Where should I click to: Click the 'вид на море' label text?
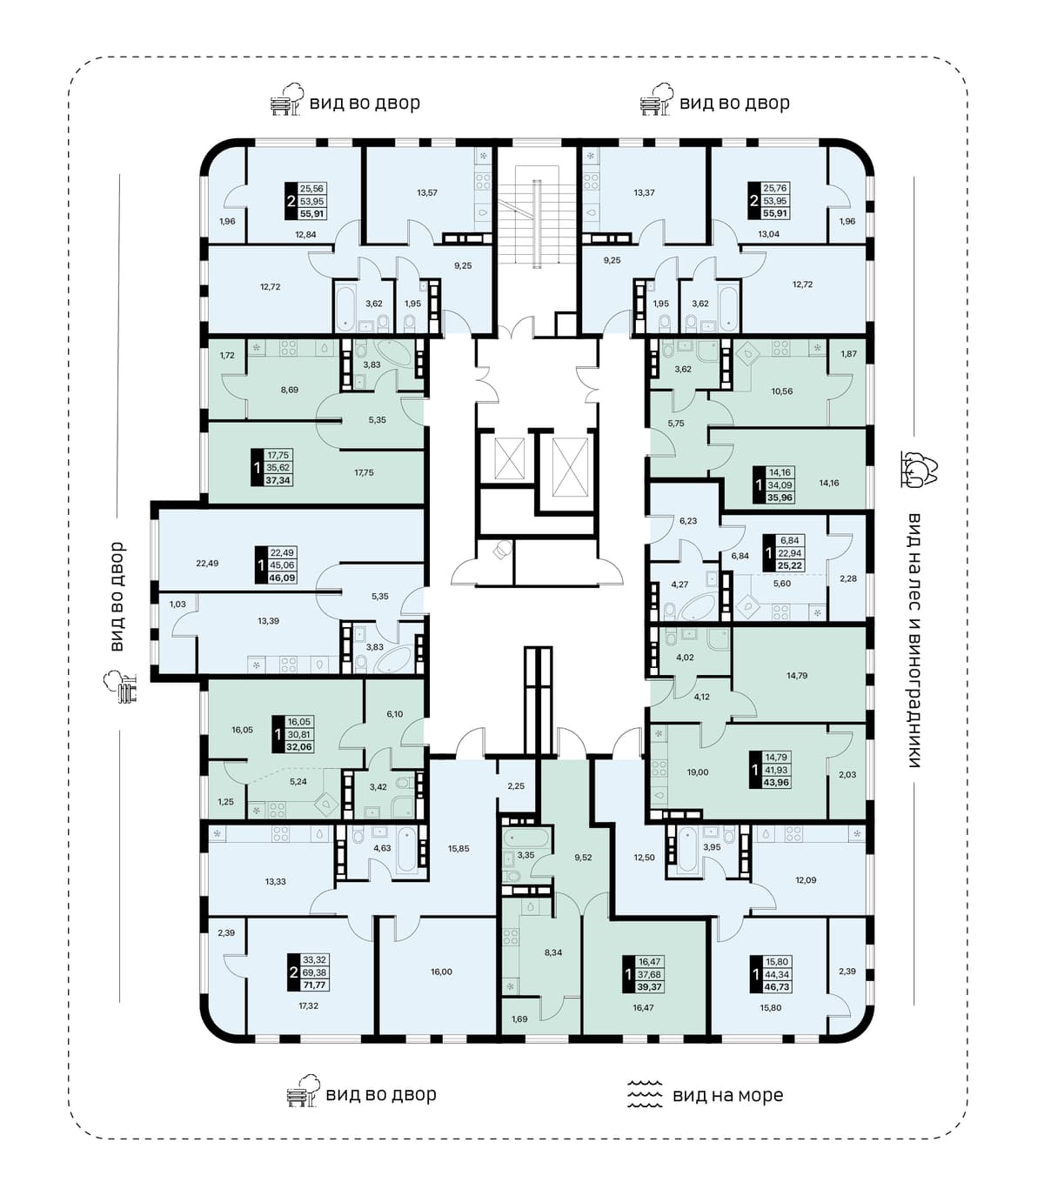coord(727,1096)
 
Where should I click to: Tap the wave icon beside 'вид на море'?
coord(645,1094)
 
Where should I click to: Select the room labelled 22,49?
coord(207,564)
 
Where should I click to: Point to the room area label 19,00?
coord(698,772)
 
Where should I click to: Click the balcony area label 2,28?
coord(848,578)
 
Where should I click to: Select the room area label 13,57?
coord(427,192)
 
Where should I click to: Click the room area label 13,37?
coord(644,192)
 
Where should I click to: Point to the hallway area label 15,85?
coord(458,848)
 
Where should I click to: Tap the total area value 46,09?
coord(283,578)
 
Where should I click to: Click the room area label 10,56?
coord(782,391)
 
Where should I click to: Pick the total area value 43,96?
coord(776,782)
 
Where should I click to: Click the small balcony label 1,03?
coord(177,604)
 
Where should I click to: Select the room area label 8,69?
coord(289,390)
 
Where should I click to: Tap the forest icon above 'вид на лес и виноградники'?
coord(917,469)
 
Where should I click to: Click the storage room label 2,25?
coord(516,785)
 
